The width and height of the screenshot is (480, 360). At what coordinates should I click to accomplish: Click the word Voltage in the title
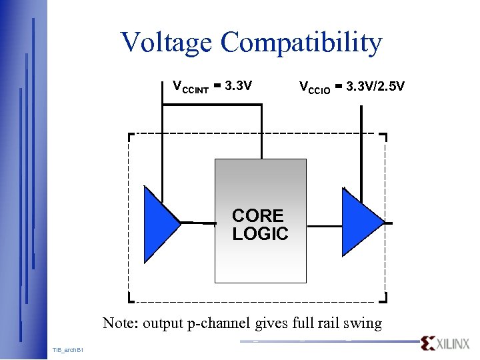point(167,43)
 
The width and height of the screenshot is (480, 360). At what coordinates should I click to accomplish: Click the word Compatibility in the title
point(301,43)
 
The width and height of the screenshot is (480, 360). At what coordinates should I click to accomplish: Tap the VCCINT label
point(191,87)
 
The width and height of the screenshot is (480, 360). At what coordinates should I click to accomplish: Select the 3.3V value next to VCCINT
point(238,86)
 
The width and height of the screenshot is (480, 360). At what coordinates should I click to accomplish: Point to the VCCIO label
point(315,87)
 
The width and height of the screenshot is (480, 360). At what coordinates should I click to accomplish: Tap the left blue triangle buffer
point(160,223)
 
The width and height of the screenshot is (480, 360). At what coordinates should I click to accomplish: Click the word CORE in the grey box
point(258,216)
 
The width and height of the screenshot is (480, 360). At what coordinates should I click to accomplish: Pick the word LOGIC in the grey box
point(260,234)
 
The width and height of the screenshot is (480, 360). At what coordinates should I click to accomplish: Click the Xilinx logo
point(445,343)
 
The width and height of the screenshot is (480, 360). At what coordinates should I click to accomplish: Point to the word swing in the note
point(363,324)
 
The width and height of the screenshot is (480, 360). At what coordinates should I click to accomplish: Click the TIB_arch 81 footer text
point(67,350)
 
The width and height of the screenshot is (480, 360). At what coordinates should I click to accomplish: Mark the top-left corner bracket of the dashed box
point(131,136)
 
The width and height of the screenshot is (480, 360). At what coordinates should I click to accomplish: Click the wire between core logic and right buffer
point(325,226)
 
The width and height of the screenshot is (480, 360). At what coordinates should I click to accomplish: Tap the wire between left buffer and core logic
point(197,222)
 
